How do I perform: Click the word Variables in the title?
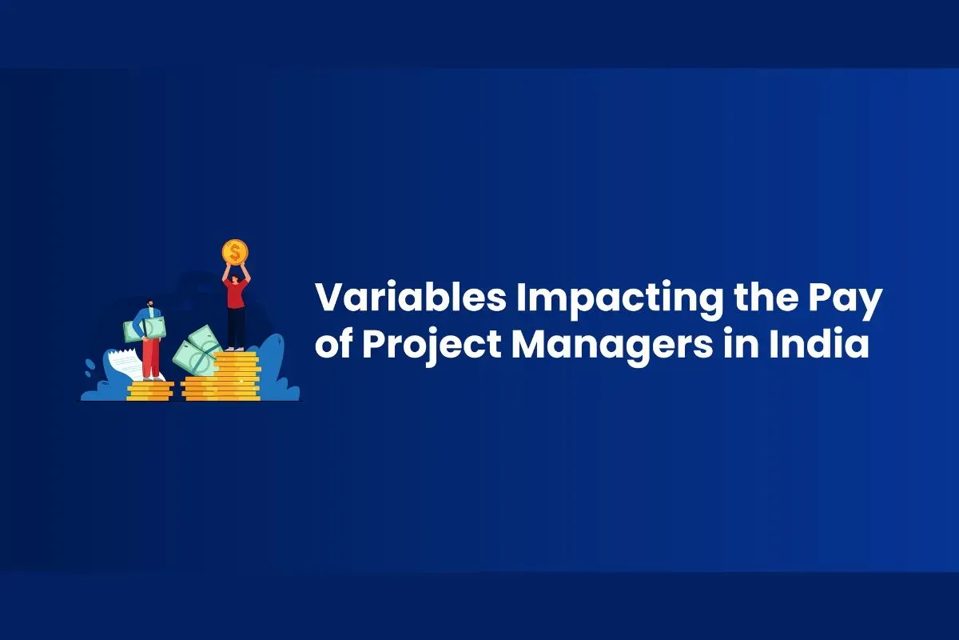[x=411, y=297]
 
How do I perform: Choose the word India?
[x=819, y=343]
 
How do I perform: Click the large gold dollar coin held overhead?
[x=235, y=252]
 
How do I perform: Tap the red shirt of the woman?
[x=235, y=294]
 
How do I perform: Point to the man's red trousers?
[x=150, y=358]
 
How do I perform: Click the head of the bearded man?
[x=150, y=304]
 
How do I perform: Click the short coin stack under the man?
[x=150, y=391]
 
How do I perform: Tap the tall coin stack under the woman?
[x=237, y=376]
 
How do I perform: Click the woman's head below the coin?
[x=235, y=279]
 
